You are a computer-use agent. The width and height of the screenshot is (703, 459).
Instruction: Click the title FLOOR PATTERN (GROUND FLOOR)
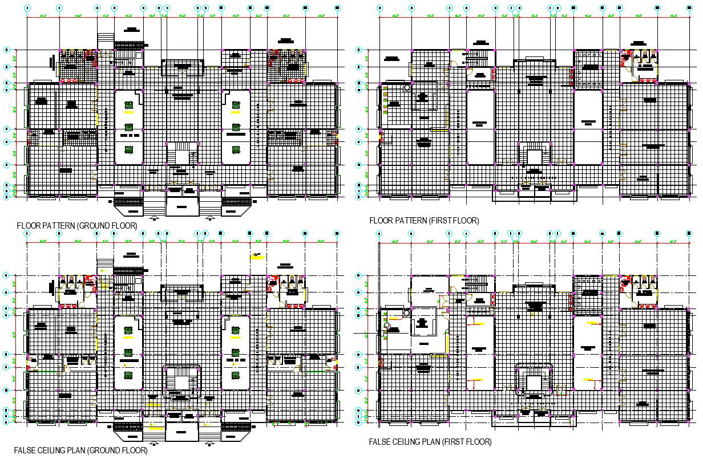tap(77, 226)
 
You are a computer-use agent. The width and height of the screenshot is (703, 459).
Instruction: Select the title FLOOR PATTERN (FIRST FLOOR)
tap(424, 221)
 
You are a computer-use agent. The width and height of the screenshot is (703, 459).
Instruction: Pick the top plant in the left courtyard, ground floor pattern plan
tap(129, 105)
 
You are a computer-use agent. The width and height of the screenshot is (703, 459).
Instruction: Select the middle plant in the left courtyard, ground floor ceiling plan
tap(129, 352)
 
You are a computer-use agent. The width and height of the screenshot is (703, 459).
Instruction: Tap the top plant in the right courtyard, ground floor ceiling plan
tap(236, 331)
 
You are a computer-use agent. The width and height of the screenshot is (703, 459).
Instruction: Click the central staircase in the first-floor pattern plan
tap(534, 156)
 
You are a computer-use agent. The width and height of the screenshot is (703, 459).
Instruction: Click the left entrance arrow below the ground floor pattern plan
tap(154, 218)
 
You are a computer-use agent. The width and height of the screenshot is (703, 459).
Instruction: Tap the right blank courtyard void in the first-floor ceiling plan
tap(588, 351)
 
